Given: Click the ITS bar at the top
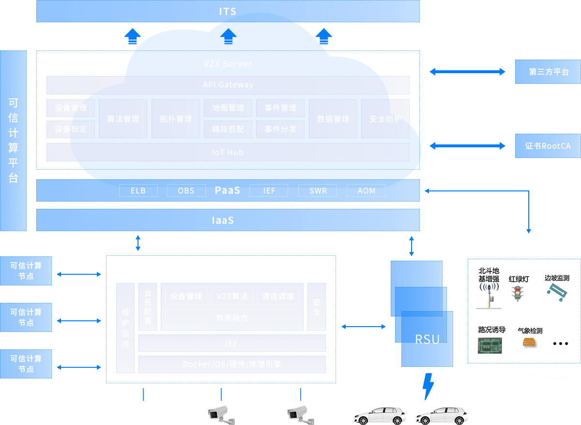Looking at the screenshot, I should pyautogui.click(x=228, y=11).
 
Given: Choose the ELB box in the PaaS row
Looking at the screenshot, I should pyautogui.click(x=138, y=190).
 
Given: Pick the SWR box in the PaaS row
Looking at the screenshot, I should pyautogui.click(x=318, y=190).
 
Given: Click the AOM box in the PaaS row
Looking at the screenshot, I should pyautogui.click(x=366, y=190).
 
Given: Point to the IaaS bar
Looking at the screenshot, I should pyautogui.click(x=228, y=220).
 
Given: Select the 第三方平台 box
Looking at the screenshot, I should pyautogui.click(x=548, y=72).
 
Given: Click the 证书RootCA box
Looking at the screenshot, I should pyautogui.click(x=548, y=146).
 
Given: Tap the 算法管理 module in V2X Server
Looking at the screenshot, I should pyautogui.click(x=123, y=119).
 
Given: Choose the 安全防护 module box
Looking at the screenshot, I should pyautogui.click(x=385, y=119).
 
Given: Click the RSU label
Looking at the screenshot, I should pyautogui.click(x=428, y=339).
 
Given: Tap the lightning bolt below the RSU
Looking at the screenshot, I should pyautogui.click(x=428, y=386).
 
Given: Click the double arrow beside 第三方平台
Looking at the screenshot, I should pyautogui.click(x=467, y=72).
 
